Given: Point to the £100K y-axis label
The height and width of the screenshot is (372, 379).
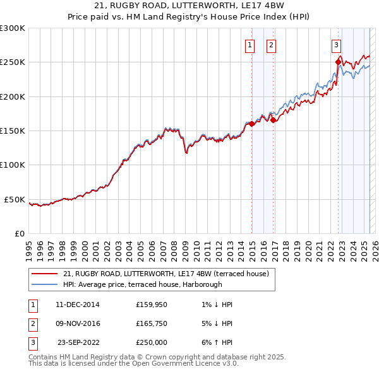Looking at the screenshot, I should (x=13, y=165).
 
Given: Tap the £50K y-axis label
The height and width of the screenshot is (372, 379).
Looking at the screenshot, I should (x=16, y=199).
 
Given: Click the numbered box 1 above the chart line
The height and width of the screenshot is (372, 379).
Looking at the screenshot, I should (x=250, y=45).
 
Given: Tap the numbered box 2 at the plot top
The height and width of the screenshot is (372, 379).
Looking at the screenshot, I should (x=271, y=45).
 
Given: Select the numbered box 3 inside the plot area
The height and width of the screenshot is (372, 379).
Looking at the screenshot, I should (x=337, y=45).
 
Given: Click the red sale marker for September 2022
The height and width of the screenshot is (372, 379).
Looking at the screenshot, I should (x=338, y=62).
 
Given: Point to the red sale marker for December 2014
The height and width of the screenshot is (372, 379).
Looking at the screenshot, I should (x=251, y=124).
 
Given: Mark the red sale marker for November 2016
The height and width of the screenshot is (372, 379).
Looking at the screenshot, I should (x=273, y=120).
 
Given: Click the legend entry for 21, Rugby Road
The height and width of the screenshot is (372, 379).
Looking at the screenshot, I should (x=166, y=274).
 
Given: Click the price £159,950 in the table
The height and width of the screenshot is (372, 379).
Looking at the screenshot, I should (x=152, y=305).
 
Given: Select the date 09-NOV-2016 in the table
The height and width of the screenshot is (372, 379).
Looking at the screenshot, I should (x=78, y=323).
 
